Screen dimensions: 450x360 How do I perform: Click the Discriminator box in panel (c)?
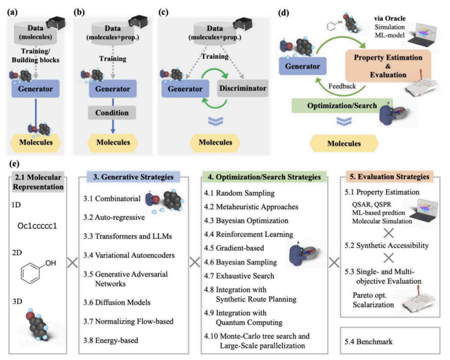[242, 88]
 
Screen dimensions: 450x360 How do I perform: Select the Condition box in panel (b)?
[112, 112]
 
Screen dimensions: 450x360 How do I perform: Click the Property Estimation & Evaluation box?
[388, 66]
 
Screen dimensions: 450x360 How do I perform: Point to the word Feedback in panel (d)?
[342, 86]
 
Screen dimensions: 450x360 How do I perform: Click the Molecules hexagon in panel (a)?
[35, 142]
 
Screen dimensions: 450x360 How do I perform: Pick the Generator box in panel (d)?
[302, 66]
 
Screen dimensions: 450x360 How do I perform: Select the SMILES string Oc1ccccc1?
[37, 226]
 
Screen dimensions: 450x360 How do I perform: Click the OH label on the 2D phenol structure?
[51, 263]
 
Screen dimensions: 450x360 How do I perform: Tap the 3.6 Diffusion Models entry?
[117, 302]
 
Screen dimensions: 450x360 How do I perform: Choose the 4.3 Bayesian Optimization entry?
[246, 220]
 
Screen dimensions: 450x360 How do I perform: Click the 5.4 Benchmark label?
[368, 342]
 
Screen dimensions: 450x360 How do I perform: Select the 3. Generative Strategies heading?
[133, 177]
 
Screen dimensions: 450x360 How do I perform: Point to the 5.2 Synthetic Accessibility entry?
[387, 245]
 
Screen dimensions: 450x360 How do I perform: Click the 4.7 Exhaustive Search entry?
[239, 276]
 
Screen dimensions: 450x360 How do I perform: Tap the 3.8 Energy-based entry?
[111, 340]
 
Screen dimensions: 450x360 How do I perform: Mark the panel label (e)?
[14, 164]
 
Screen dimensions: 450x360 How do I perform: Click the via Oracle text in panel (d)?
[390, 18]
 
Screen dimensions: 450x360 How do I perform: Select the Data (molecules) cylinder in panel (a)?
[35, 32]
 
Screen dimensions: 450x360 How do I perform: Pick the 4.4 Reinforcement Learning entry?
[248, 234]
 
